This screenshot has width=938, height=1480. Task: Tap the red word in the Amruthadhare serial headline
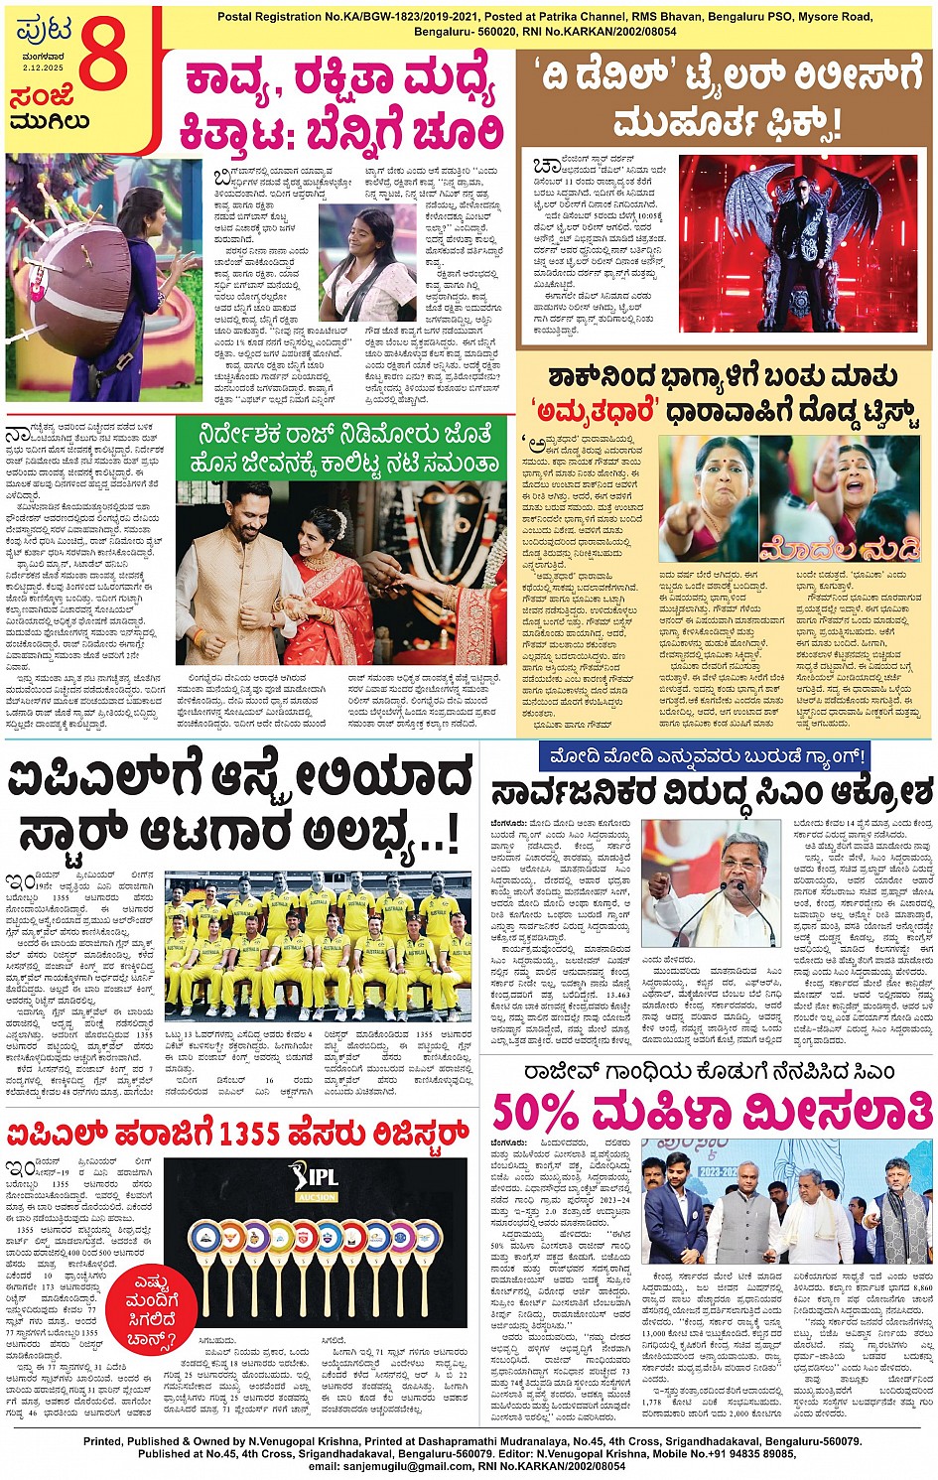point(592,410)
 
